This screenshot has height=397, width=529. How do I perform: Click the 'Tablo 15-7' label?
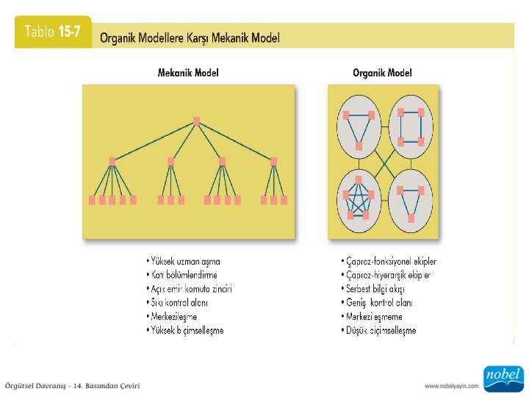click(x=52, y=32)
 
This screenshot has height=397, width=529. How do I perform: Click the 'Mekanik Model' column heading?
click(x=188, y=73)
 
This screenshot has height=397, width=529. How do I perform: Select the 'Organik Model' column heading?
click(x=382, y=73)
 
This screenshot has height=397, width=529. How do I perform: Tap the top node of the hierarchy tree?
click(x=196, y=121)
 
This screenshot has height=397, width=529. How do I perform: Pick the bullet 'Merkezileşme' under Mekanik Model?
click(x=173, y=316)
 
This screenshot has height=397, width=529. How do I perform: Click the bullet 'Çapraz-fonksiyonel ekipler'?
click(x=389, y=261)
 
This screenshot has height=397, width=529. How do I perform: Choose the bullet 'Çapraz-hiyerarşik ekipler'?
click(x=386, y=275)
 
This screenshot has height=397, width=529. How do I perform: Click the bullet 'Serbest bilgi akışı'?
click(x=374, y=289)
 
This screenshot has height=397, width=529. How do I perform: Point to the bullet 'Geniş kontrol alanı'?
click(x=377, y=302)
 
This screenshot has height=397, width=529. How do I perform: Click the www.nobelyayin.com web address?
click(x=451, y=386)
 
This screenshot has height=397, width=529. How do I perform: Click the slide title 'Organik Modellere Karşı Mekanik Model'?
click(x=190, y=37)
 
